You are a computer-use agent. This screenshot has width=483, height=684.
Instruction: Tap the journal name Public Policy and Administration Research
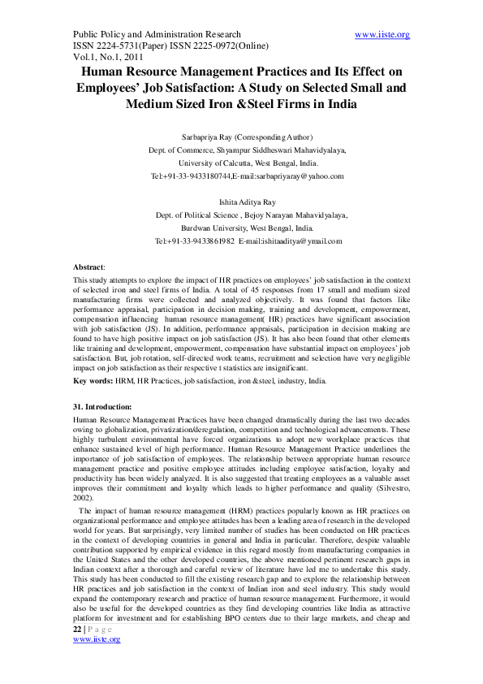point(157,34)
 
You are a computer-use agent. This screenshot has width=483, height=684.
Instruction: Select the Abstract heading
point(88,266)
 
